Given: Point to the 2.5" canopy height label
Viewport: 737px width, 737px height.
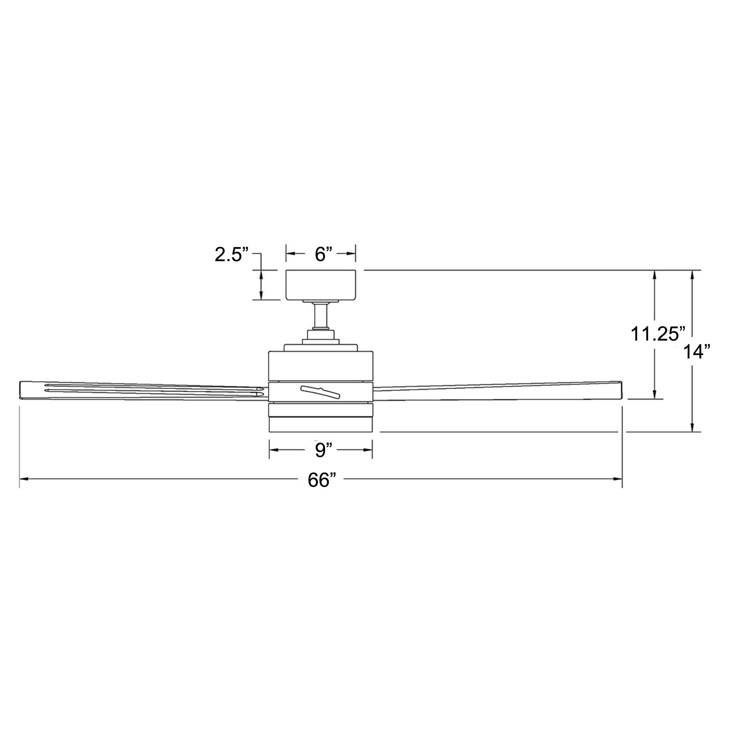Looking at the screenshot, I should pyautogui.click(x=232, y=254).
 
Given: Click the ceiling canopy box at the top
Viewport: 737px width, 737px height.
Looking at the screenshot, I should pyautogui.click(x=321, y=285).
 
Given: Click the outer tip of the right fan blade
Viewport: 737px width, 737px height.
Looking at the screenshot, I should pyautogui.click(x=619, y=389).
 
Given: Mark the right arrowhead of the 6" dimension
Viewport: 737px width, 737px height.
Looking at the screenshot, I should pyautogui.click(x=352, y=254).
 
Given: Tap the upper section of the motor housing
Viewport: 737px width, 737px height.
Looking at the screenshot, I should pyautogui.click(x=321, y=365).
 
